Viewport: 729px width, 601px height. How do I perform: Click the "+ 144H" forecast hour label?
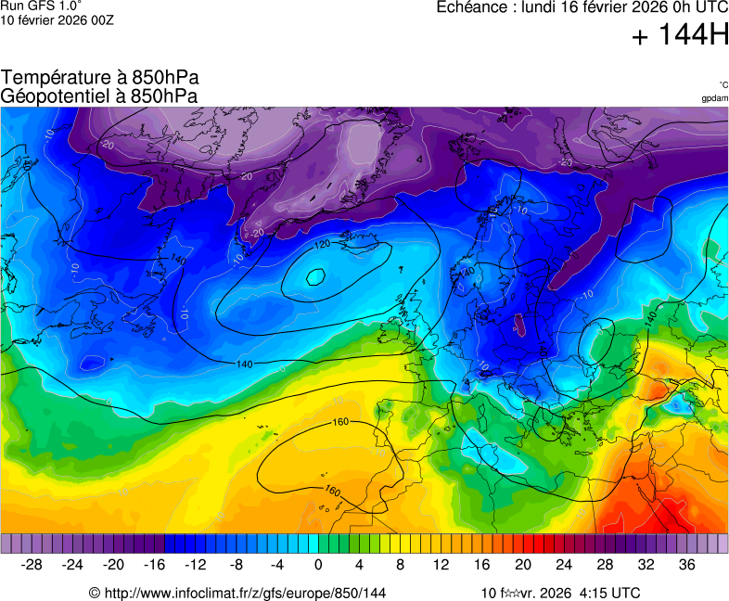coord(680,36)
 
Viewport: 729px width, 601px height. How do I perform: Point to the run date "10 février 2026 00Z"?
coord(58,20)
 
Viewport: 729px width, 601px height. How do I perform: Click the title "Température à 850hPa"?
coord(99,78)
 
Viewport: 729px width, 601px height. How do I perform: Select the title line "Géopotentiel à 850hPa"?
coord(99,96)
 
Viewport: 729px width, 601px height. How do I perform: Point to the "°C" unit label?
coord(723,84)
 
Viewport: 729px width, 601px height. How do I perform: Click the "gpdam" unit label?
coord(714,97)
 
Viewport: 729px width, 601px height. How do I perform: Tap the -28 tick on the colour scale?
coord(32,565)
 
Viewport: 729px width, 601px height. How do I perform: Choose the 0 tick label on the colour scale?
coord(318,565)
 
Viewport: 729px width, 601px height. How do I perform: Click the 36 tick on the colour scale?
coord(686,565)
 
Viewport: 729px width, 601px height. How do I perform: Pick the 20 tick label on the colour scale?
coord(523,565)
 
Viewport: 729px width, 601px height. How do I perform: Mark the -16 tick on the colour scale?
coord(155,565)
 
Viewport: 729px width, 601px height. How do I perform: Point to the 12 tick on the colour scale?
coord(441,565)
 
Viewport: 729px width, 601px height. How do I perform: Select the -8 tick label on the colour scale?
coord(237,565)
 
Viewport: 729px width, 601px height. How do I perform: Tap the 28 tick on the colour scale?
coord(605,565)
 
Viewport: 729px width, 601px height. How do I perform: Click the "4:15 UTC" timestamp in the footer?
coord(609,593)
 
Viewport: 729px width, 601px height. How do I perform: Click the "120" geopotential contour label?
coord(322,244)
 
